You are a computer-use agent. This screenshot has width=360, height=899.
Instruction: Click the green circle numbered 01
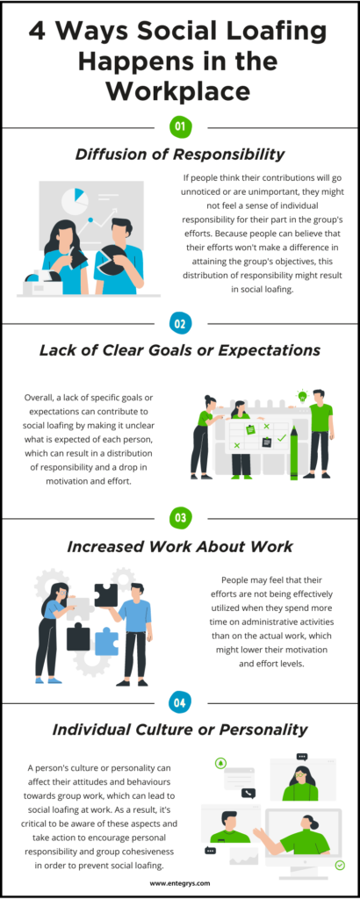180,127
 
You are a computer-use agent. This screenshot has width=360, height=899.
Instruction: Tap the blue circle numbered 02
180,324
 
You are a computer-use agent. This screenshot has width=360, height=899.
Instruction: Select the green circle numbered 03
180,518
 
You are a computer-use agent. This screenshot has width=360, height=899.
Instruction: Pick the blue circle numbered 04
180,703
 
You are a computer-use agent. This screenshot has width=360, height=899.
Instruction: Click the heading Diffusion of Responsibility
180,155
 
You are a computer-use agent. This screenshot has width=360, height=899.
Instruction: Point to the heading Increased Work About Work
180,546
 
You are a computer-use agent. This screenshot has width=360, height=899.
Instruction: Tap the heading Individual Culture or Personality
180,730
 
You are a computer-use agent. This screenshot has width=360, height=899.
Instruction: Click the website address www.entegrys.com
180,883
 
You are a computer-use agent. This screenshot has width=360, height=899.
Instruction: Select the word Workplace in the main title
179,91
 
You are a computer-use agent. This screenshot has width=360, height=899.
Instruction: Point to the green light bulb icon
301,396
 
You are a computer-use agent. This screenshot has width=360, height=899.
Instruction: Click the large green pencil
294,452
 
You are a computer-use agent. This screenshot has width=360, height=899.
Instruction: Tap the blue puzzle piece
106,642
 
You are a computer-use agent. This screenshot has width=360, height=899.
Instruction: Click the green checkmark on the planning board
282,438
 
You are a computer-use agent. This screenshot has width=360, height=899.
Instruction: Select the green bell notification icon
220,763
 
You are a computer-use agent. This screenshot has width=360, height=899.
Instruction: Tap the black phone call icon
248,794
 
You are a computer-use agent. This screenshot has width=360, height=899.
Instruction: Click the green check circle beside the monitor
340,865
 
